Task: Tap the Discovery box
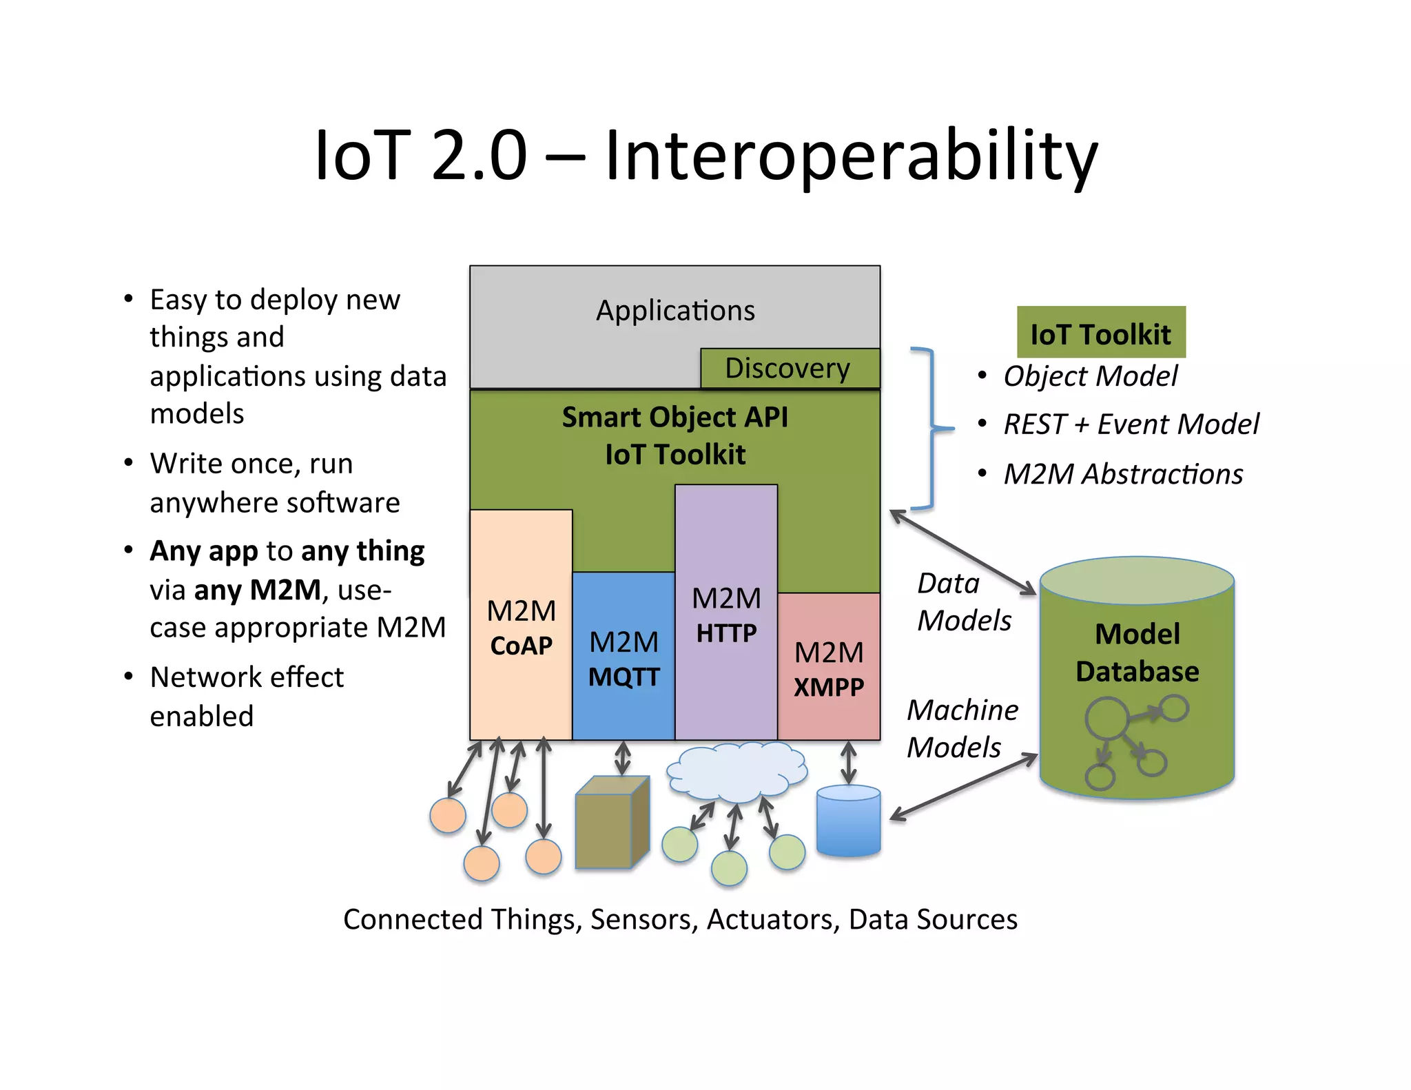pyautogui.click(x=790, y=369)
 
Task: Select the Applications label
pyautogui.click(x=675, y=311)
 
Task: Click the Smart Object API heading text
pyautogui.click(x=674, y=418)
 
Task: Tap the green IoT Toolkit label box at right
pyautogui.click(x=1101, y=333)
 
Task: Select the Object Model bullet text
pyautogui.click(x=1090, y=377)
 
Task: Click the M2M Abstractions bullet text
pyautogui.click(x=1123, y=475)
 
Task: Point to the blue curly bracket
pyautogui.click(x=931, y=429)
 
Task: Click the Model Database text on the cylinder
pyautogui.click(x=1137, y=652)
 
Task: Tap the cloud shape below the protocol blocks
pyautogui.click(x=737, y=771)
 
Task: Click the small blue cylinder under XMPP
pyautogui.click(x=848, y=821)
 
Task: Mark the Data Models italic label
pyautogui.click(x=963, y=601)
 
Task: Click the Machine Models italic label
pyautogui.click(x=962, y=728)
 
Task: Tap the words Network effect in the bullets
pyautogui.click(x=247, y=677)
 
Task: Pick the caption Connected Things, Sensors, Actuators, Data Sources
pyautogui.click(x=680, y=920)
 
